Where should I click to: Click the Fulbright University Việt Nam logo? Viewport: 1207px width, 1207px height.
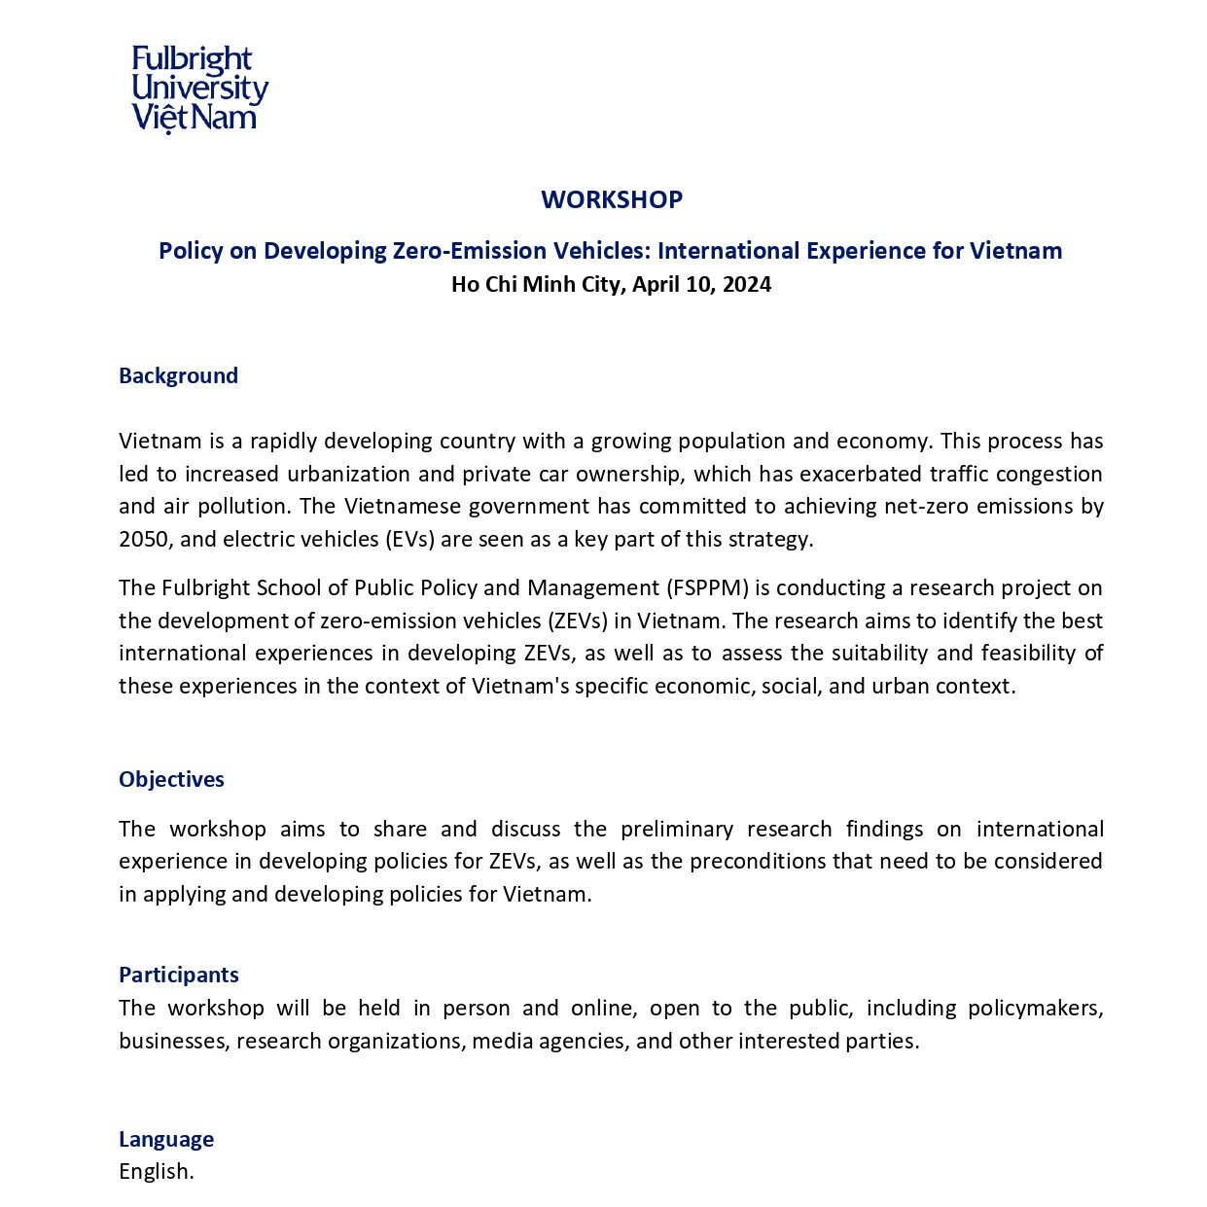point(199,89)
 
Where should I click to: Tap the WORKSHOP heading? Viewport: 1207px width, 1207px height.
point(612,199)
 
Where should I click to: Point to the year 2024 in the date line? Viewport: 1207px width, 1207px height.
point(746,284)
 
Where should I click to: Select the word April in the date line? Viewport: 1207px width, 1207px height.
point(659,284)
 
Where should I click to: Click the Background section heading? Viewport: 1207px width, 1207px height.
point(178,376)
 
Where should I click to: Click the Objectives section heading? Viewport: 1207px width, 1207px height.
point(171,780)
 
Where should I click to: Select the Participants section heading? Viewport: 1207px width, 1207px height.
point(179,976)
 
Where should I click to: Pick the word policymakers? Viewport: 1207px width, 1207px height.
point(1035,1009)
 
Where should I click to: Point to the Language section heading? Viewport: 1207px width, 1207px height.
point(166,1140)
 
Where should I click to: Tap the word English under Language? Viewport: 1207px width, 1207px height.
point(155,1172)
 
